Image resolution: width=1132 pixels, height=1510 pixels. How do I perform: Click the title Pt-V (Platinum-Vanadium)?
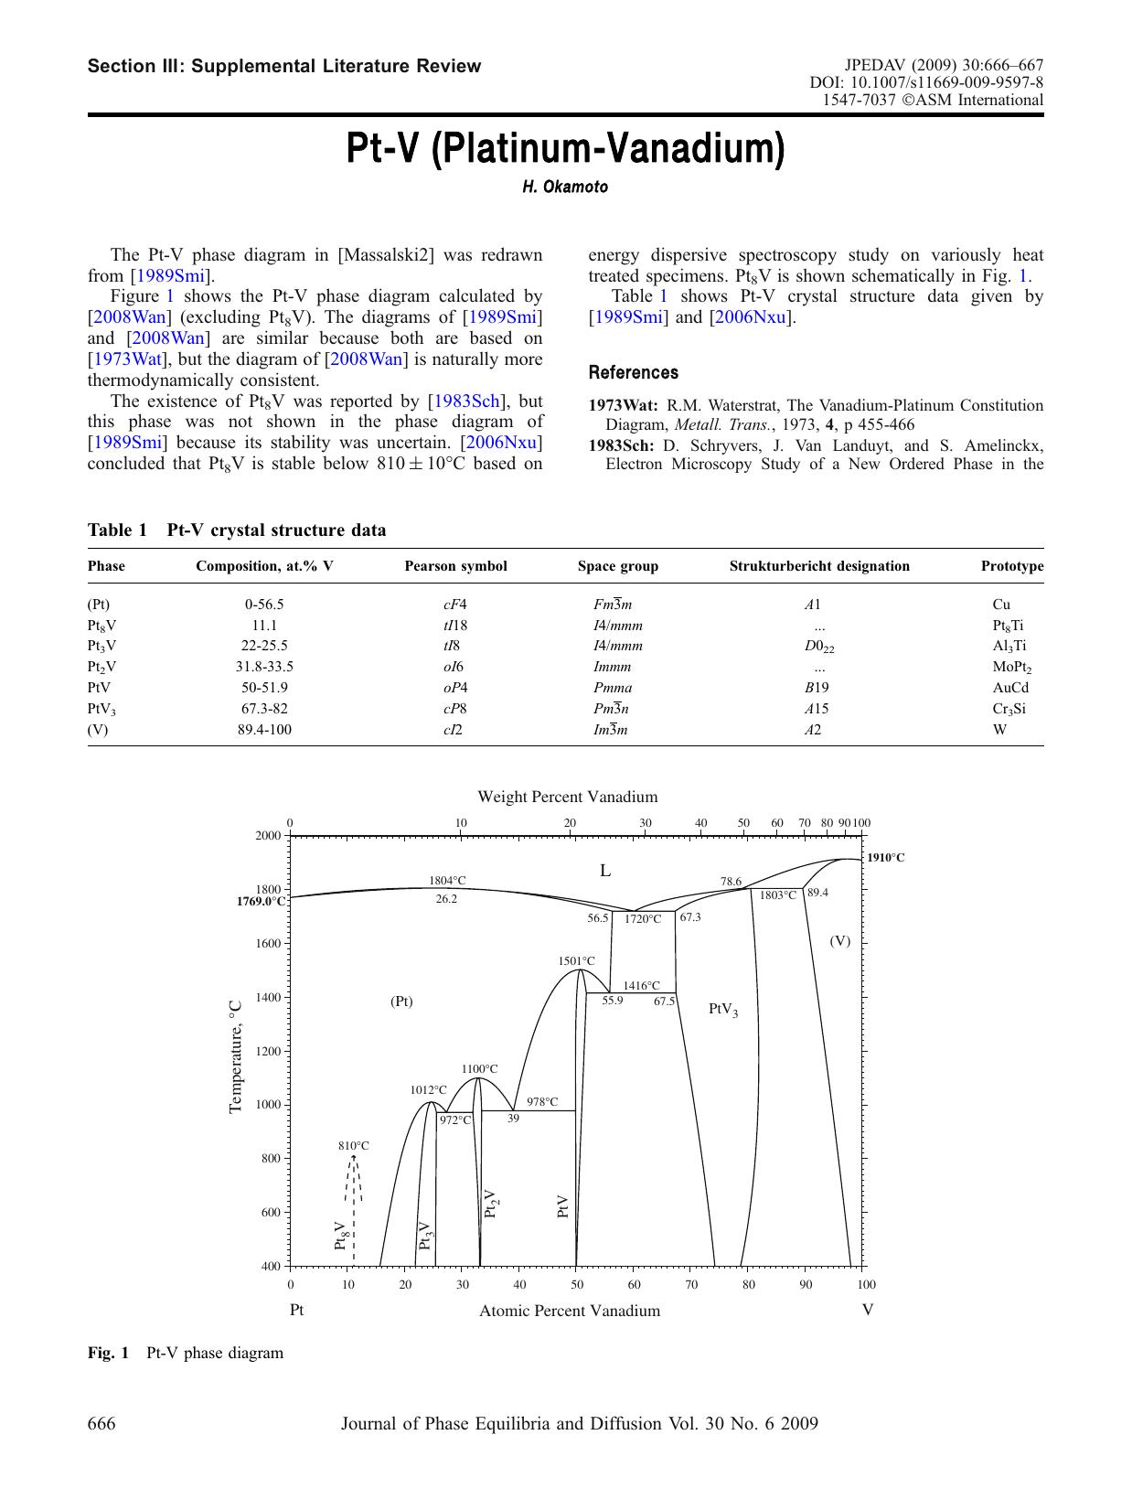565,149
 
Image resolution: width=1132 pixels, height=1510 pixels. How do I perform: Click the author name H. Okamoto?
565,187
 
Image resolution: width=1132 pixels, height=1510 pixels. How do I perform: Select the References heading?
633,372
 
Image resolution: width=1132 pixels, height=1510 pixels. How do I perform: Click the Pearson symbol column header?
455,566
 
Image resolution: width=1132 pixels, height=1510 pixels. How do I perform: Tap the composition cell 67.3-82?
264,709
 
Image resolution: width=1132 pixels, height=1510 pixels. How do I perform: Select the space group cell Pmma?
613,688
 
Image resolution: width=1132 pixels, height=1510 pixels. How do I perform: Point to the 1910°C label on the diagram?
886,858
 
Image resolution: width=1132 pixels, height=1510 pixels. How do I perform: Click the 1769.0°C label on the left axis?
261,901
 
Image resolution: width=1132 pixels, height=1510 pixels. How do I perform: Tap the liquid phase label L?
604,871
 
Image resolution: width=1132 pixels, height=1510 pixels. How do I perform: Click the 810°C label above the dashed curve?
353,1145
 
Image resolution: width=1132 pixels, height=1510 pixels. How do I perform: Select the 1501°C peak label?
576,960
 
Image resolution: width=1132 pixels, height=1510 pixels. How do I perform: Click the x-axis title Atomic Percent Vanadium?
569,1311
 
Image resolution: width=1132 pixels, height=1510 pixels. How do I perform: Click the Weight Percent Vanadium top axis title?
567,797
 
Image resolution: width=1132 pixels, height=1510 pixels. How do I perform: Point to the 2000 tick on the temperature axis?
268,835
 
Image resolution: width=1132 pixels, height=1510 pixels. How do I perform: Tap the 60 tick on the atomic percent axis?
634,1284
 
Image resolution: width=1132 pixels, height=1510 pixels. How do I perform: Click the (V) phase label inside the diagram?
839,941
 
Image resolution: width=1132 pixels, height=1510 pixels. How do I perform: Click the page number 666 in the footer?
101,1423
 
